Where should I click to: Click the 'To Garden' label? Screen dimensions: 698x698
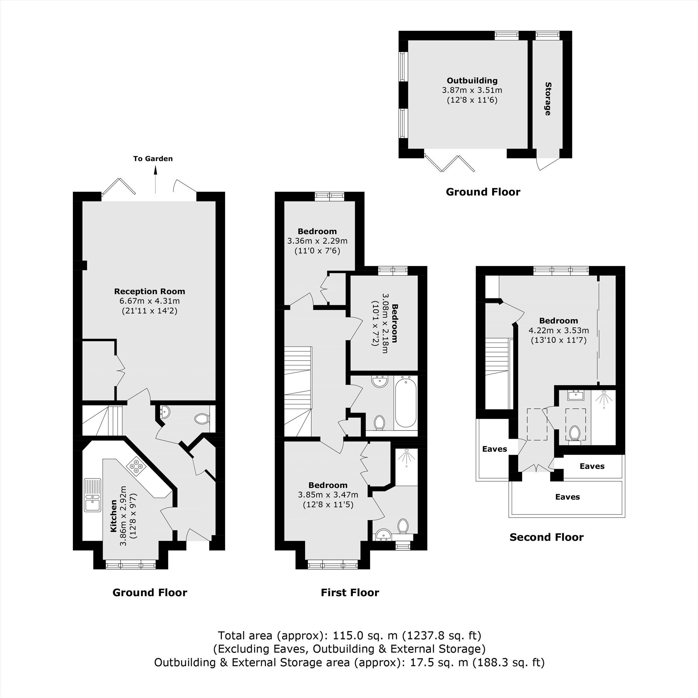153,158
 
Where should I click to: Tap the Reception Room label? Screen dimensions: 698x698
150,291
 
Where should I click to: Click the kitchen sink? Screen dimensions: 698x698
93,495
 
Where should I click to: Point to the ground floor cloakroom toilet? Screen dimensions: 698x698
202,419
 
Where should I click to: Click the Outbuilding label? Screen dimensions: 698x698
472,81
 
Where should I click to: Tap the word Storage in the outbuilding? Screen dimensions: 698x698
548,99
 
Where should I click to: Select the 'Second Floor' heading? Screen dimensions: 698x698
546,537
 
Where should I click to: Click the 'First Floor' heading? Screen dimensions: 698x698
350,593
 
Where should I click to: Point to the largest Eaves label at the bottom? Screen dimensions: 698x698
567,497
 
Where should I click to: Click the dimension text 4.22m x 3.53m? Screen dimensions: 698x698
558,330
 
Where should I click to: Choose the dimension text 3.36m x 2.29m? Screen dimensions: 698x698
317,241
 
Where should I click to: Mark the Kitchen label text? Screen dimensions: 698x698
113,516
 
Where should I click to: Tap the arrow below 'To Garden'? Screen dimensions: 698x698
156,179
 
